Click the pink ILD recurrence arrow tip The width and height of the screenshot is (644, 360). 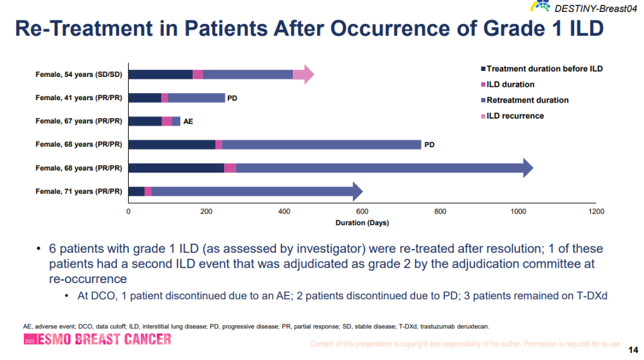point(305,75)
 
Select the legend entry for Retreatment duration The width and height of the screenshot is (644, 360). point(527,100)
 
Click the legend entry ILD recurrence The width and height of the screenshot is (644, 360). point(515,116)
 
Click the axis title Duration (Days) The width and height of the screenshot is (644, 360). point(362,223)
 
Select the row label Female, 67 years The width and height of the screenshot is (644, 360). point(79,121)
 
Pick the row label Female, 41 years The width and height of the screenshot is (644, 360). point(79,98)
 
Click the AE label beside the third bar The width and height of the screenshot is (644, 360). point(188,121)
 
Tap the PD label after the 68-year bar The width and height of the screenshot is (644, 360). point(429,144)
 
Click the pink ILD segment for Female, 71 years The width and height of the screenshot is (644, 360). point(148,191)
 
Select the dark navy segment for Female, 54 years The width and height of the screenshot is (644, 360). point(160,75)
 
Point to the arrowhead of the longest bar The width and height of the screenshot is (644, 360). point(527,168)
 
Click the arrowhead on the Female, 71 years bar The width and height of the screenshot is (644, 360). point(357,191)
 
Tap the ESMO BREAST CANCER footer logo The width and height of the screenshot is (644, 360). point(97,340)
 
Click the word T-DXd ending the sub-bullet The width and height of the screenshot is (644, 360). point(592,296)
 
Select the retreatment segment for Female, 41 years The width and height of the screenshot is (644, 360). point(196,98)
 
